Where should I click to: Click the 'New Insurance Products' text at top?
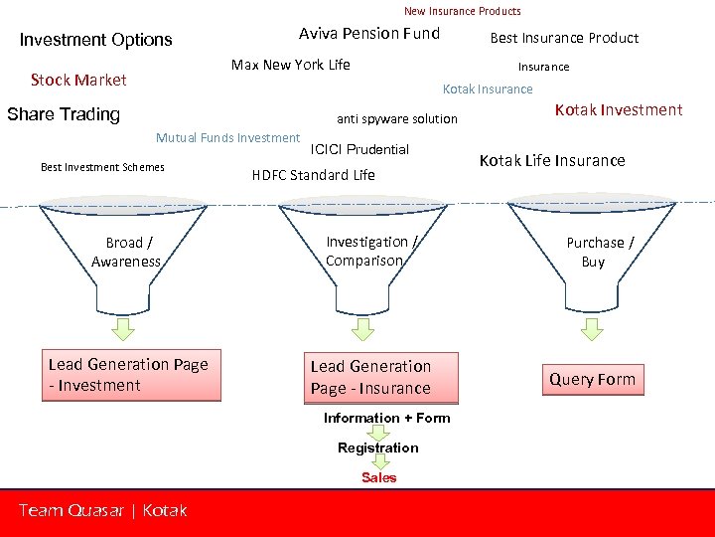click(x=462, y=11)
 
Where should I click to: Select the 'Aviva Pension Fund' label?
click(x=368, y=34)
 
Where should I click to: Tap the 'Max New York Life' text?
click(x=290, y=65)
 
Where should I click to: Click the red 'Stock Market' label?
click(x=78, y=80)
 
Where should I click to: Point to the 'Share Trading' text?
click(x=64, y=114)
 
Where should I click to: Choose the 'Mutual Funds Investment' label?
click(x=227, y=138)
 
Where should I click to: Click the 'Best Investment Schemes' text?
click(x=102, y=167)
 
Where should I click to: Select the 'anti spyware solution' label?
click(x=397, y=119)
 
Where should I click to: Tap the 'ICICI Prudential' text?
click(x=359, y=149)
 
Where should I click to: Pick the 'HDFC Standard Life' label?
click(x=313, y=175)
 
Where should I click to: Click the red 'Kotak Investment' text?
click(x=618, y=109)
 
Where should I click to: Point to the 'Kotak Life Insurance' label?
click(x=552, y=160)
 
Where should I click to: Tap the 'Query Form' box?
click(x=592, y=380)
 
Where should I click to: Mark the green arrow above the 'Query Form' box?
click(x=592, y=328)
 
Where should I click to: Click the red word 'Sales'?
click(x=378, y=477)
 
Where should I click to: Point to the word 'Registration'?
click(x=377, y=447)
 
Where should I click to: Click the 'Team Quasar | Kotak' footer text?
click(x=102, y=510)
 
